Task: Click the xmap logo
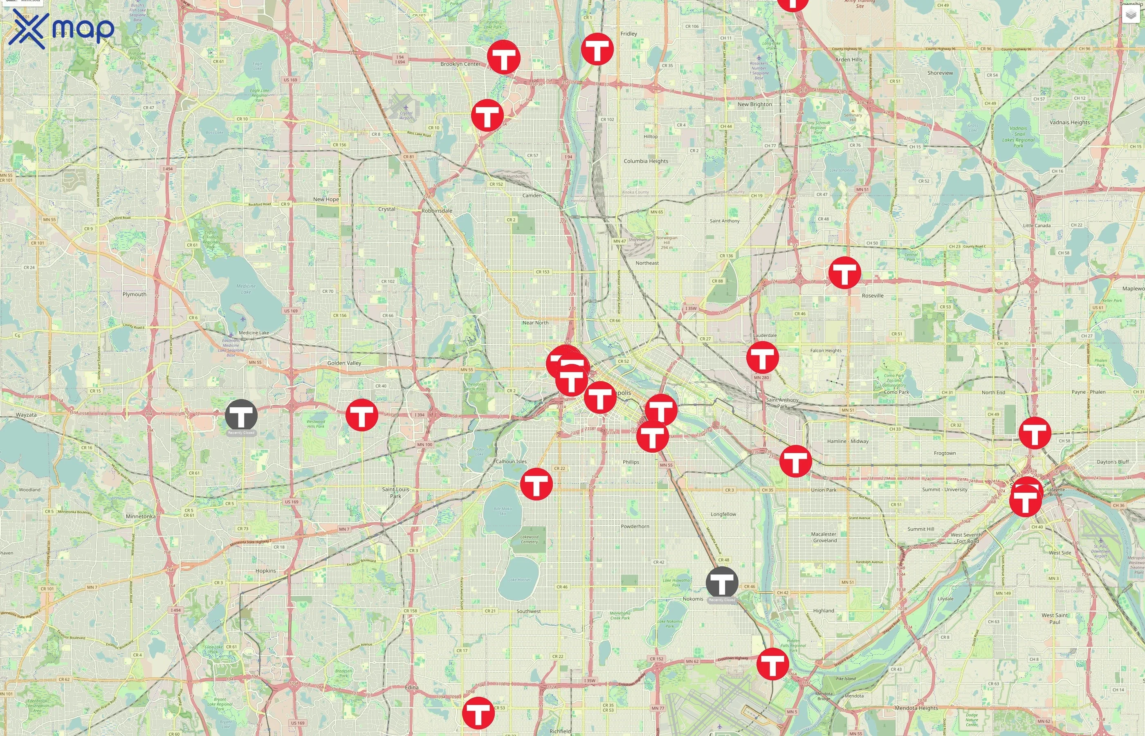click(x=61, y=29)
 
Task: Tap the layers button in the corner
click(x=1131, y=15)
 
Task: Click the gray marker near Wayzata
click(x=241, y=415)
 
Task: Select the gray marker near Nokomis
click(x=722, y=583)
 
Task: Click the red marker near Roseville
click(x=844, y=272)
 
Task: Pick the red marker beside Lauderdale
click(x=762, y=357)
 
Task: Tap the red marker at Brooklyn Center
click(x=503, y=57)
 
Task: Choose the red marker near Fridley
click(x=597, y=49)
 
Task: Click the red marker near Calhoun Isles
click(x=536, y=484)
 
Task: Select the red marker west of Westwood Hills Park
click(x=362, y=415)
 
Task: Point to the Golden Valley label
click(x=344, y=363)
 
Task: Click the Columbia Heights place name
click(x=646, y=161)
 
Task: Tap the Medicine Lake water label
click(x=246, y=289)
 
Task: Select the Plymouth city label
click(x=134, y=294)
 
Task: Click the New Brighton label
click(x=754, y=104)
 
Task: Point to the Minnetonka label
click(x=141, y=516)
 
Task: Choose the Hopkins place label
click(x=265, y=571)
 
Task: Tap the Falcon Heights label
click(x=826, y=350)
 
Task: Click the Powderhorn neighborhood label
click(x=635, y=526)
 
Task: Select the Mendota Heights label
click(x=916, y=708)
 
